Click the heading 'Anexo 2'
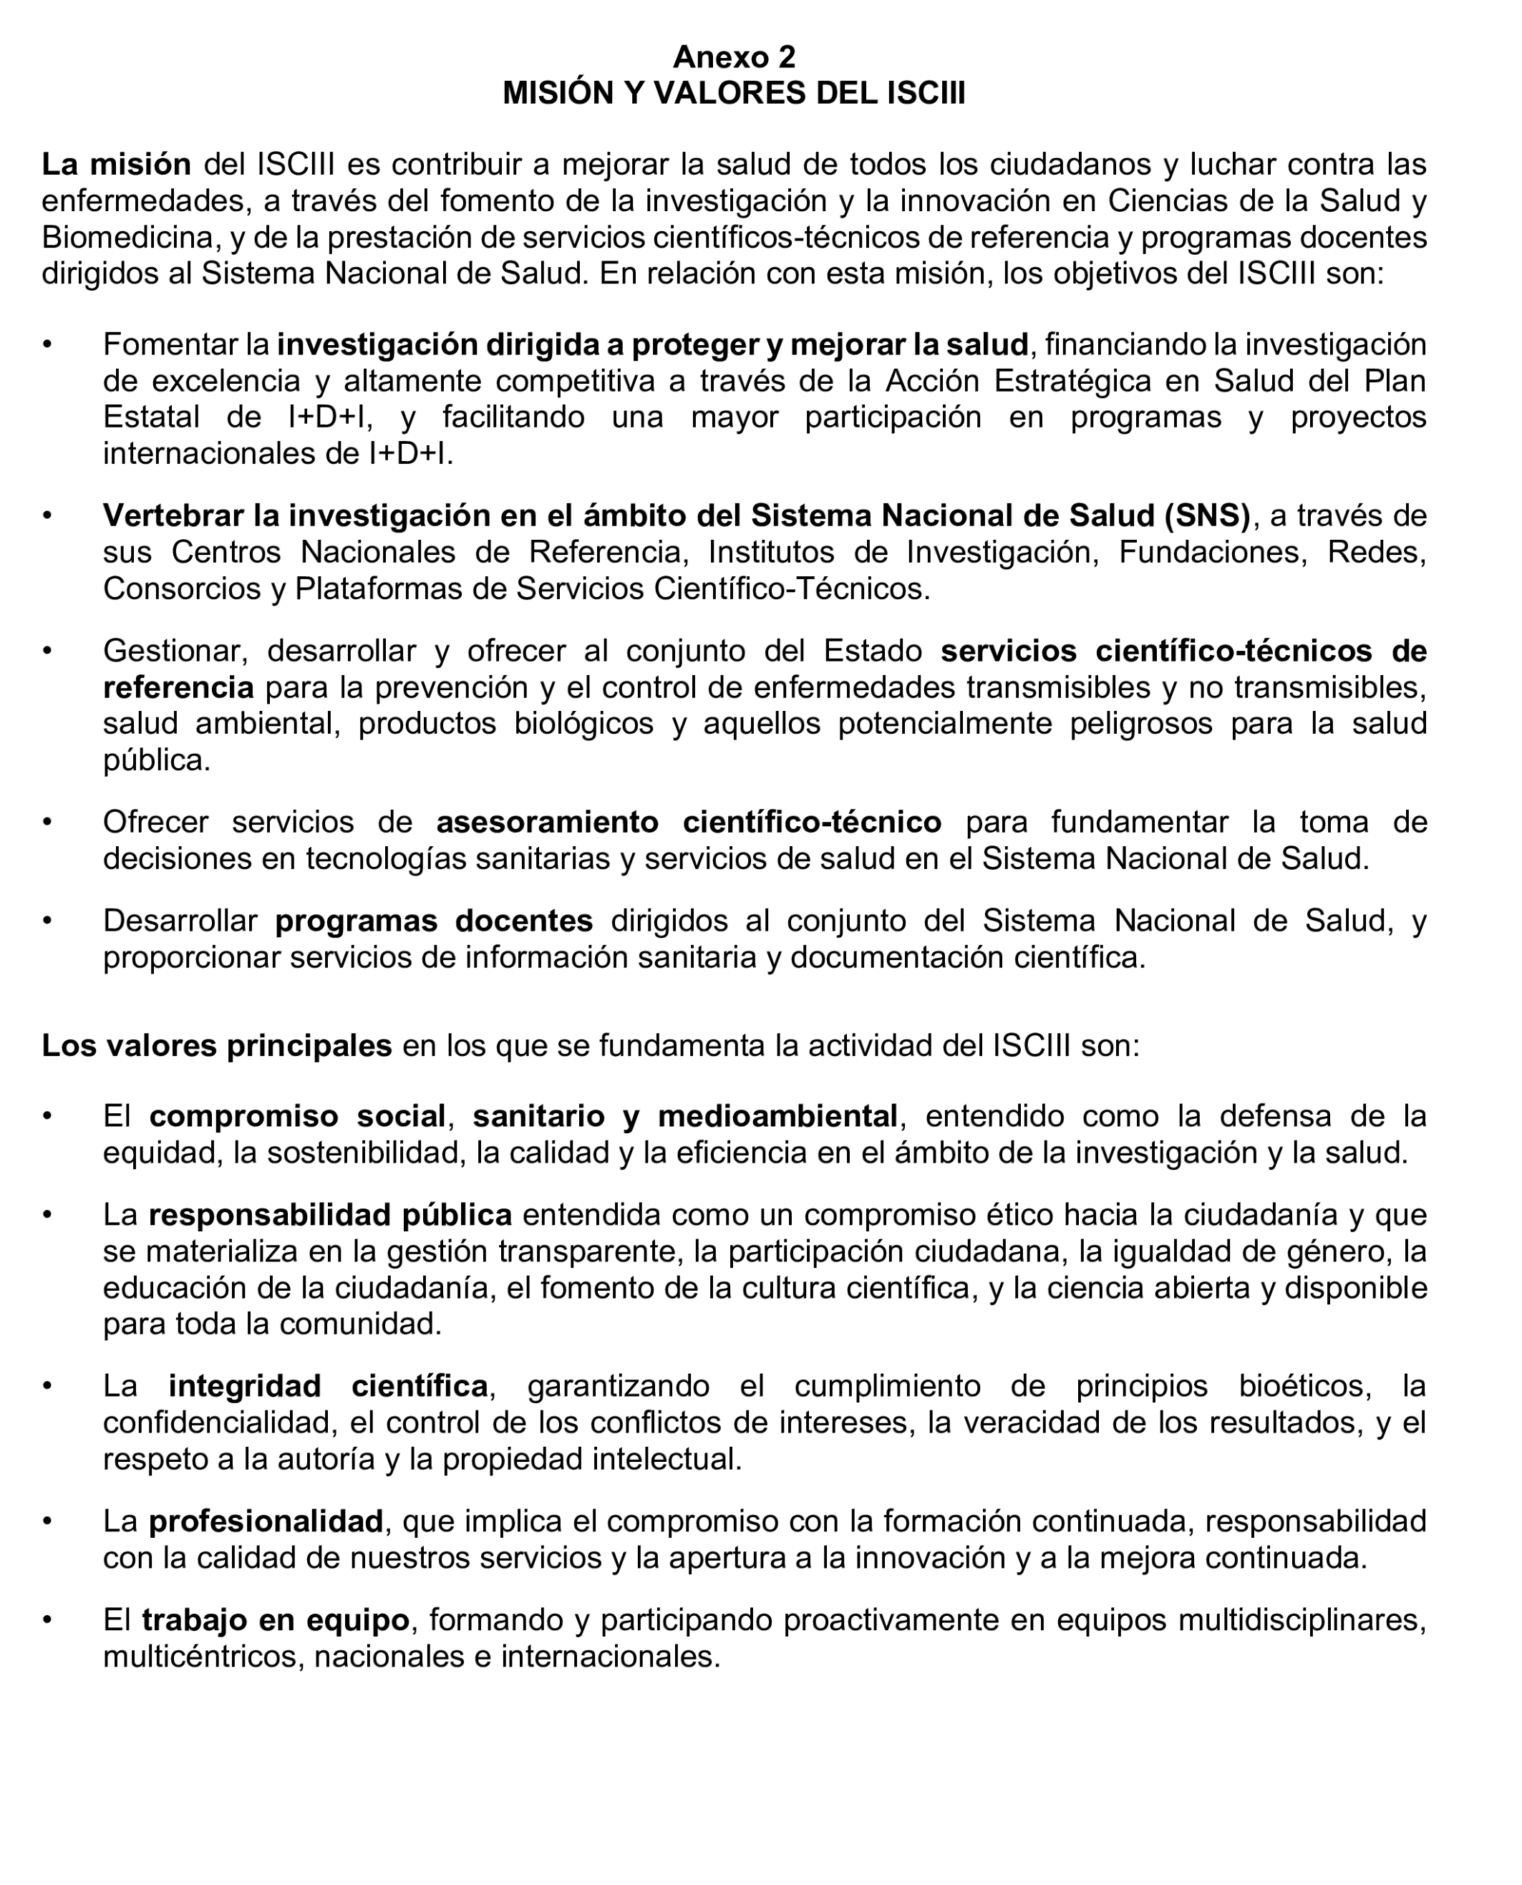734,57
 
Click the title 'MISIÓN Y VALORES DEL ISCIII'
734,93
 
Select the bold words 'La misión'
117,164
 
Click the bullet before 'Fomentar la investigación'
47,344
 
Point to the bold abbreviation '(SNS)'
1207,515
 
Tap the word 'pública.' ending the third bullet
156,760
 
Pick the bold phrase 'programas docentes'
434,921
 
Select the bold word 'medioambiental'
777,1117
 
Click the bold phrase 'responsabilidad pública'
331,1215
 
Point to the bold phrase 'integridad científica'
328,1387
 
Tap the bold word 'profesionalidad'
266,1522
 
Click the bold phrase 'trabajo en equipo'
276,1620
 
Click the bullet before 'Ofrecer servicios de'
47,823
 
